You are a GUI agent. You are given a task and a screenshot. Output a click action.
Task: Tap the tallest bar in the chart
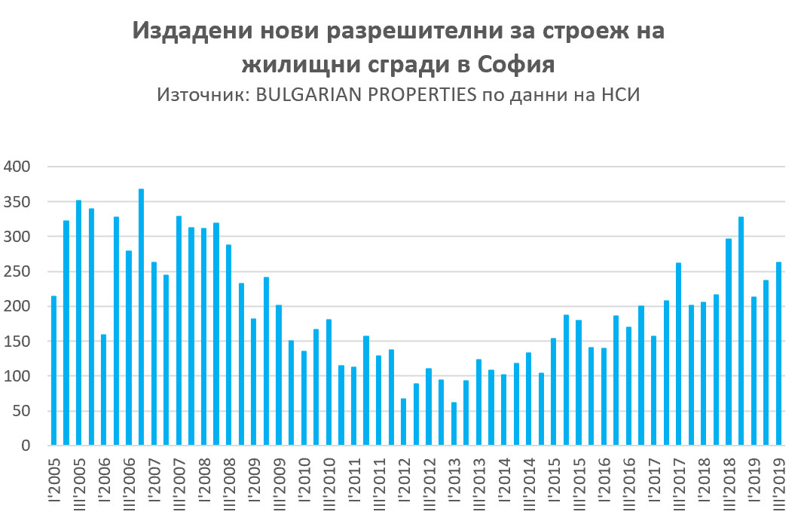[141, 317]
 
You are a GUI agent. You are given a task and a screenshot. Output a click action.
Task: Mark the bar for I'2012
[404, 421]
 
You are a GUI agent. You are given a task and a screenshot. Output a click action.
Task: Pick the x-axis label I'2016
[604, 483]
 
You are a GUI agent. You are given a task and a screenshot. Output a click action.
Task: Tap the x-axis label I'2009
[254, 483]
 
